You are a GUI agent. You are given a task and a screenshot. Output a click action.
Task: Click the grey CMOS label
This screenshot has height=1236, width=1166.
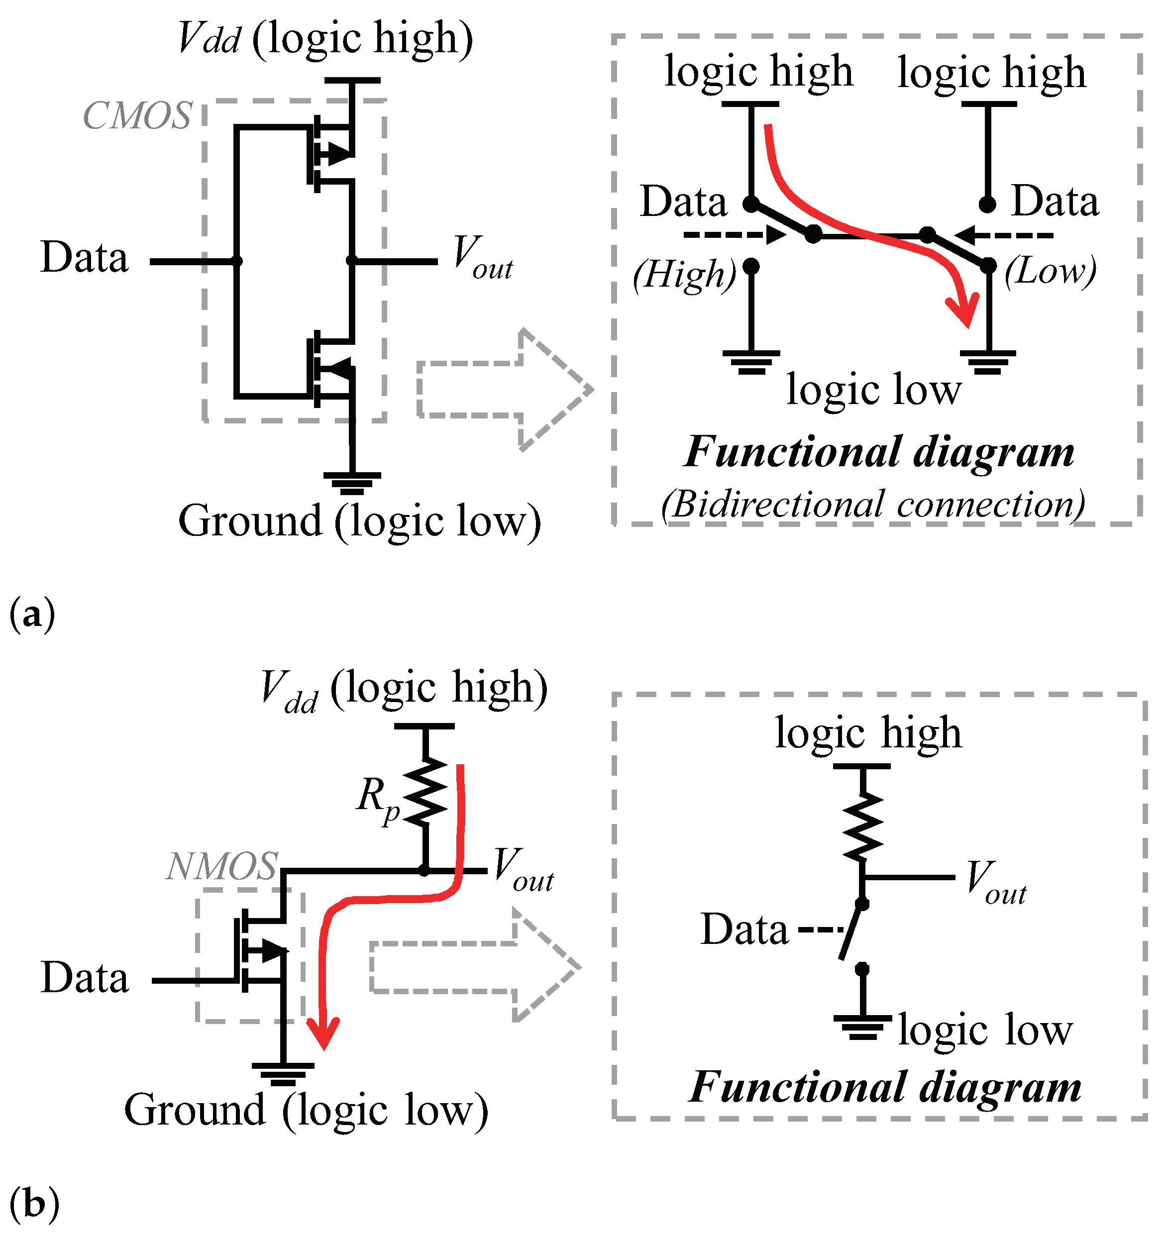[x=137, y=116]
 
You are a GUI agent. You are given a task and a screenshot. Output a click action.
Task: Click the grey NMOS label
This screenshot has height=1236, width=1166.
[x=221, y=867]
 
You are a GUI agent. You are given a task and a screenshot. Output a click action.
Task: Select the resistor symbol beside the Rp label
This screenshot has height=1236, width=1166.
[x=426, y=792]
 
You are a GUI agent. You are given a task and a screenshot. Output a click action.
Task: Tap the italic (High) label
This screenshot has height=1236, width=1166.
[x=685, y=274]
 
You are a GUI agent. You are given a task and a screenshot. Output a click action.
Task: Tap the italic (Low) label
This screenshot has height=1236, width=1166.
[x=1051, y=272]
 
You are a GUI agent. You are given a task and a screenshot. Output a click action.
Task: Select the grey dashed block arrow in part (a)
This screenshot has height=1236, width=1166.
[x=504, y=390]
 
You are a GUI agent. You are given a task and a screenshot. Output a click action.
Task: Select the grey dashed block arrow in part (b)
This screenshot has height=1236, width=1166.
[x=476, y=967]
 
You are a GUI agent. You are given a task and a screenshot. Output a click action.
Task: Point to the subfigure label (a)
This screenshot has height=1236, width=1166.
[x=32, y=615]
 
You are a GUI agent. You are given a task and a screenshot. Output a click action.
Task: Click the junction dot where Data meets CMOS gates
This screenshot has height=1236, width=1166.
[x=237, y=261]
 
